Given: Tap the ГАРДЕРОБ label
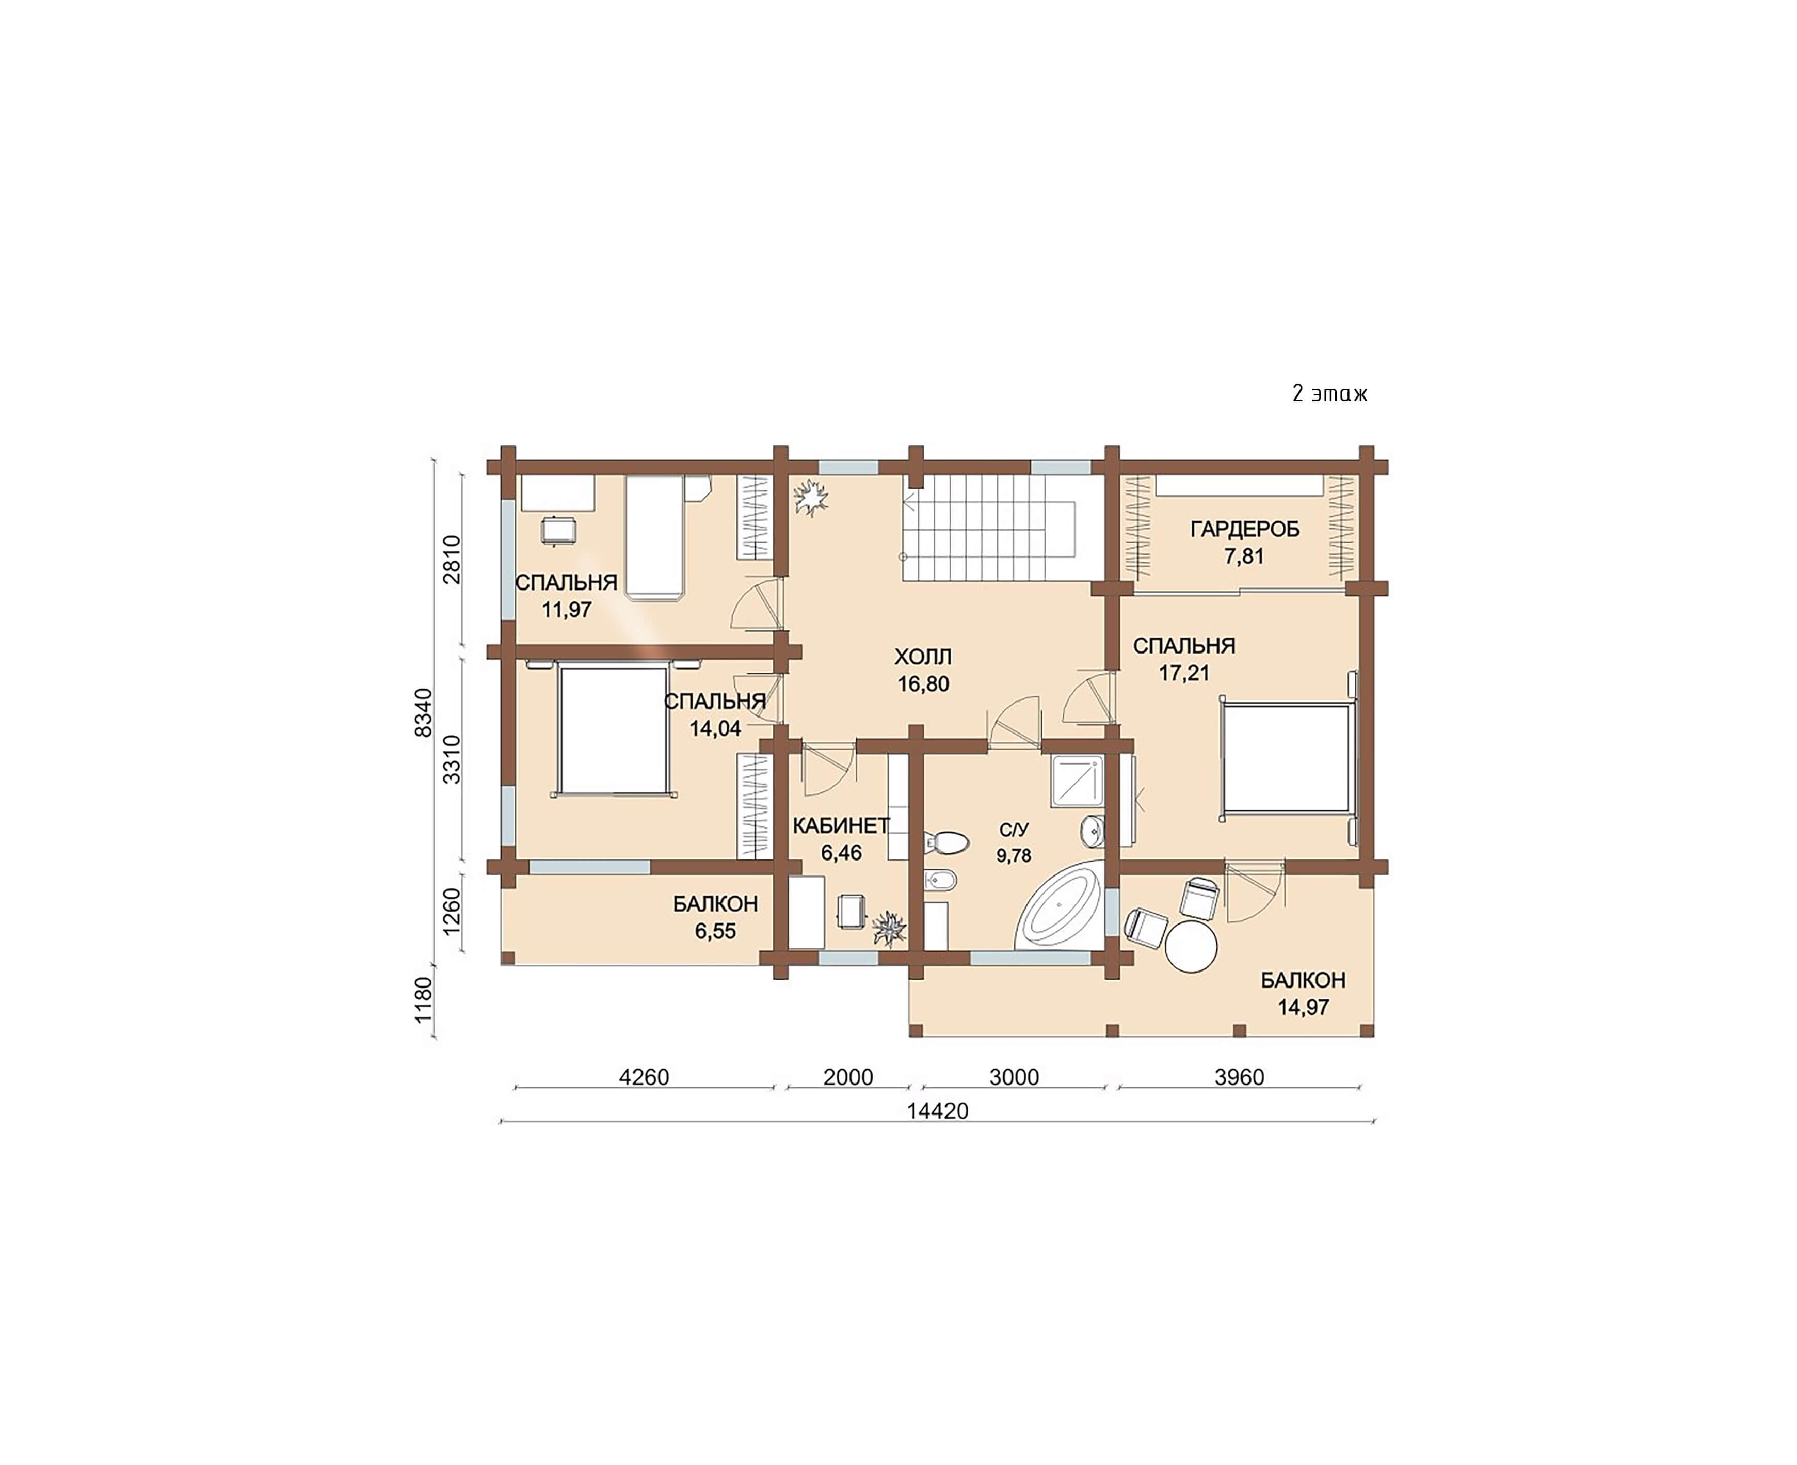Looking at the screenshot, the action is pos(1244,529).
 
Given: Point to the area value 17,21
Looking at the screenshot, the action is pos(1184,673).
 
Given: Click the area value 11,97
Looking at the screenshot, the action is pos(566,609).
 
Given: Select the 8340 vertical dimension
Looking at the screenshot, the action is pos(424,712).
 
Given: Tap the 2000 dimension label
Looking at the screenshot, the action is pos(848,1077).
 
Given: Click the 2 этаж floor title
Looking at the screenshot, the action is pos(1329,393).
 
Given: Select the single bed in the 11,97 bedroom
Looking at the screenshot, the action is pos(654,537).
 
